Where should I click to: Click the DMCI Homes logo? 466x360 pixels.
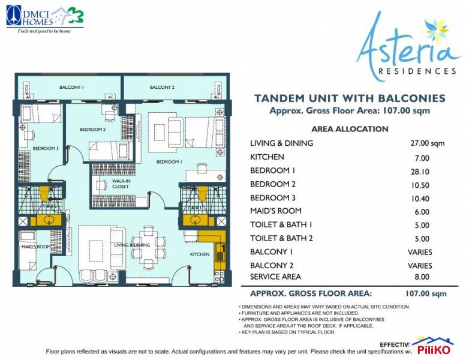[x=44, y=18]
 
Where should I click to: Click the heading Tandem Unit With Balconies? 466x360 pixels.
[x=350, y=98]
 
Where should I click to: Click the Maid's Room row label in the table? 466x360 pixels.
[x=276, y=211]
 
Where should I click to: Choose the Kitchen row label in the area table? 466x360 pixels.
[x=267, y=157]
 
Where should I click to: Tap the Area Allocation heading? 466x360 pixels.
[x=350, y=129]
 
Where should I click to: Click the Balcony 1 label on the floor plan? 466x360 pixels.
[x=71, y=88]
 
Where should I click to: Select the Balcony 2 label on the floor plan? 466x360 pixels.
[x=162, y=88]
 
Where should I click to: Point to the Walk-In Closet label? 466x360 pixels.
[x=121, y=184]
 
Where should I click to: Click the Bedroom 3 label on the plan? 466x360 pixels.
[x=46, y=148]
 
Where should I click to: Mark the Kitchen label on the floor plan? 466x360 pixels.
[x=200, y=254]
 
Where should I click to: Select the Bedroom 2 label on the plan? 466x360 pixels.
[x=92, y=130]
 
